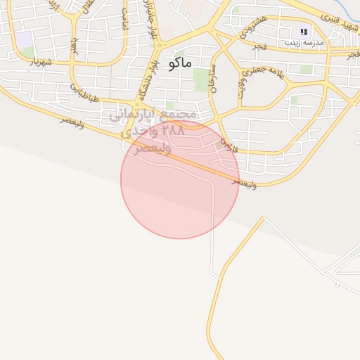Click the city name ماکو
pos(180,63)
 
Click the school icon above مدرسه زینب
pos(304,32)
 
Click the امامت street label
pos(124,20)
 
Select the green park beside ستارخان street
pos(202,79)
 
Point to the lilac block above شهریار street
pos(23,39)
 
